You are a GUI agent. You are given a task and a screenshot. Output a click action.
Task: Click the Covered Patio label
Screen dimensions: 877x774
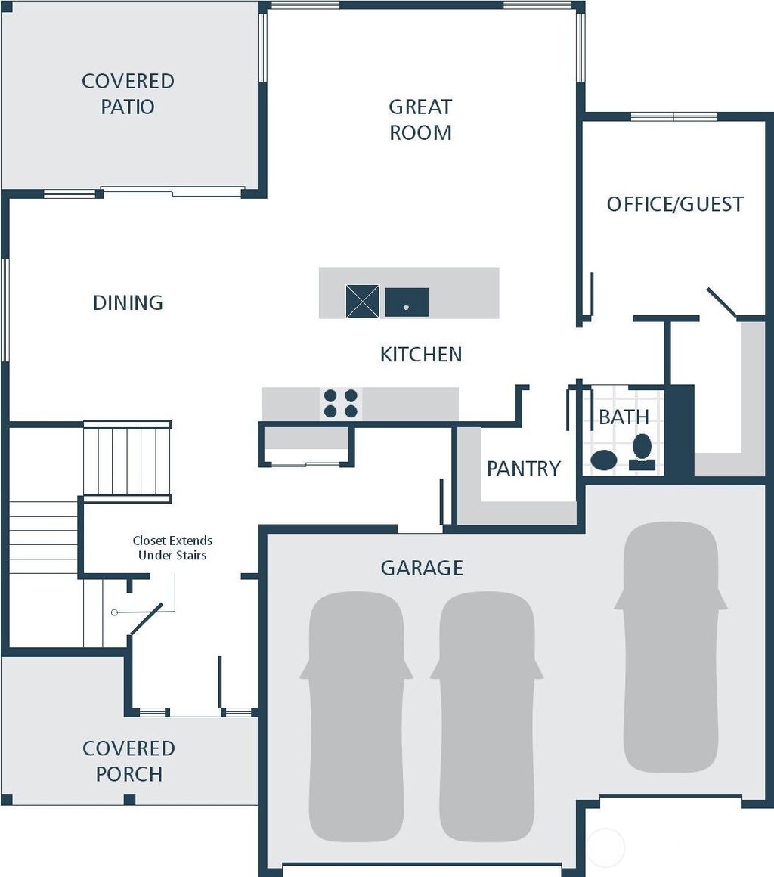point(128,94)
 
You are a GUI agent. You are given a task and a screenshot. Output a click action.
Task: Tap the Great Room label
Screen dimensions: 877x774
point(420,119)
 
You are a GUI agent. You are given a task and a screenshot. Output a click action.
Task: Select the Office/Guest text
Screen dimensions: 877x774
point(675,204)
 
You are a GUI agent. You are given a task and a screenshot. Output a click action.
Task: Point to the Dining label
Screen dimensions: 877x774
point(128,303)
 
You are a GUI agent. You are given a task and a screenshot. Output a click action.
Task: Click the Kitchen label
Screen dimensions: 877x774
point(421,355)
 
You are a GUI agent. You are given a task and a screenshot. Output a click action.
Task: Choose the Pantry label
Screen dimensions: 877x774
point(523,469)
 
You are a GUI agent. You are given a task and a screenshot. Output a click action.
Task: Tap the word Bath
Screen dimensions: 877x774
point(624,417)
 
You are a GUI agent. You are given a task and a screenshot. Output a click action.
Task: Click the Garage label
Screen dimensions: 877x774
point(422,568)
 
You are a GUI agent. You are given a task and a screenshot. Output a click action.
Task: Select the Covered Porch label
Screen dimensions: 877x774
point(128,761)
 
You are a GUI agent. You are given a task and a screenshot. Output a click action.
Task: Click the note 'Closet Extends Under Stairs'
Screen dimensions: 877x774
point(172,548)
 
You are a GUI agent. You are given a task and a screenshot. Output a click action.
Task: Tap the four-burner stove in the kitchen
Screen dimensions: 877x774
point(340,404)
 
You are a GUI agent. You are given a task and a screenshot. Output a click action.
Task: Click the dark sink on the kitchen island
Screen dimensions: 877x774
point(407,302)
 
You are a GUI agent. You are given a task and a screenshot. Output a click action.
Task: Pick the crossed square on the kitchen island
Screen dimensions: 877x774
point(362,301)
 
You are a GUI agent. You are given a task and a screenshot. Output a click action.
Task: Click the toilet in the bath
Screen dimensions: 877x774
point(642,452)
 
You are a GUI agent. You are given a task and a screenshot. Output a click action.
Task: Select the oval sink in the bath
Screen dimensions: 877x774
point(603,460)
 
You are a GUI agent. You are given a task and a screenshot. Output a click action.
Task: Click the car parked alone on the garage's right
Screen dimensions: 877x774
point(670,646)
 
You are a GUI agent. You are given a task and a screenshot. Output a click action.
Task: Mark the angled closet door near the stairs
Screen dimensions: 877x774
point(147,618)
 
